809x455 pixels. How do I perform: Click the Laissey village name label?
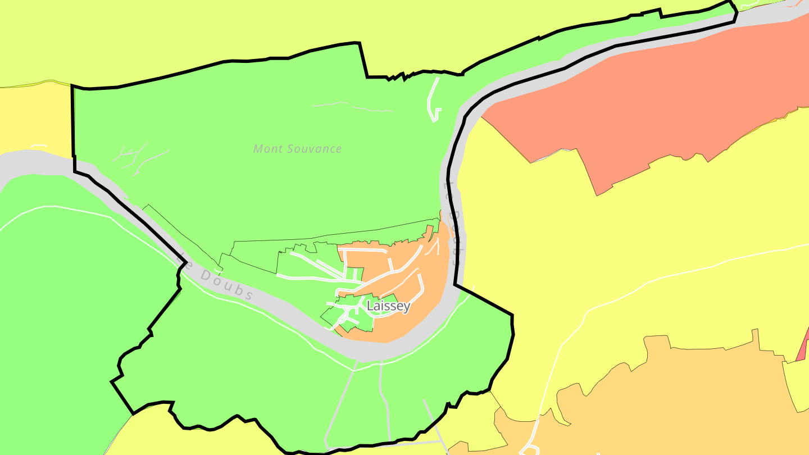388,306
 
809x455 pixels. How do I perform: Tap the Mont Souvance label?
297,149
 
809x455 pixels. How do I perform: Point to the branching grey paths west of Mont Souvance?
135,157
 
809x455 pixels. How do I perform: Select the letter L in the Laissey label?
370,306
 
